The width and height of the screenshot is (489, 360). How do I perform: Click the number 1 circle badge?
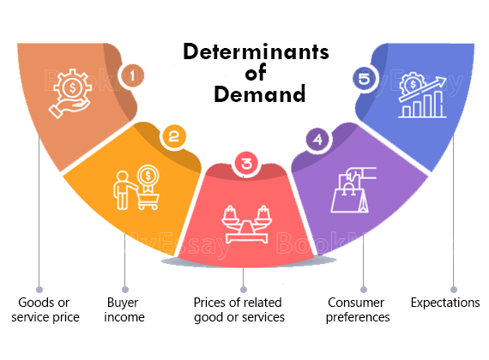[132, 75]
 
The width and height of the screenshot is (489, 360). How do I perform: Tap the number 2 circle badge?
[173, 136]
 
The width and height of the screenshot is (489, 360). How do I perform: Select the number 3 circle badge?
[246, 163]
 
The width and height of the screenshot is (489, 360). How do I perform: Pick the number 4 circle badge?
[317, 140]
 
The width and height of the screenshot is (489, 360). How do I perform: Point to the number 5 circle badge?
[365, 79]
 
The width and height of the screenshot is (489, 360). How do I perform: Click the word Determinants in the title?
[256, 51]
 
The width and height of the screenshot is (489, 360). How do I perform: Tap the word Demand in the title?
[259, 94]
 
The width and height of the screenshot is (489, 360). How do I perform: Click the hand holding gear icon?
[70, 93]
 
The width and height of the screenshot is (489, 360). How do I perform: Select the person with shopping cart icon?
[136, 188]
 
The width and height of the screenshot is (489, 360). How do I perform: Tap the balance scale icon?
[246, 224]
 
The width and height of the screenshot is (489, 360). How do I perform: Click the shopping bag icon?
[353, 189]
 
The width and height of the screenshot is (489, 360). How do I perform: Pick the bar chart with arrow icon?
[422, 95]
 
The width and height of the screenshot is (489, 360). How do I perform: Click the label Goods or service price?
[45, 309]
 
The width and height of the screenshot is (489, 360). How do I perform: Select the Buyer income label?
[124, 309]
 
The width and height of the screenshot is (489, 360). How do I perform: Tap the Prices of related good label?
[239, 309]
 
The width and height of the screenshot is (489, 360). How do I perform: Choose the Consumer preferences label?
[358, 309]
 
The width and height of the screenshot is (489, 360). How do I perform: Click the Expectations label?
[445, 303]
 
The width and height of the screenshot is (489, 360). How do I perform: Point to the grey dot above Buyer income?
[125, 290]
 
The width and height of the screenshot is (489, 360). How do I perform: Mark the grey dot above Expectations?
[454, 290]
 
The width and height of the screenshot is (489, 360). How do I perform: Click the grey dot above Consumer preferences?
[364, 290]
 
